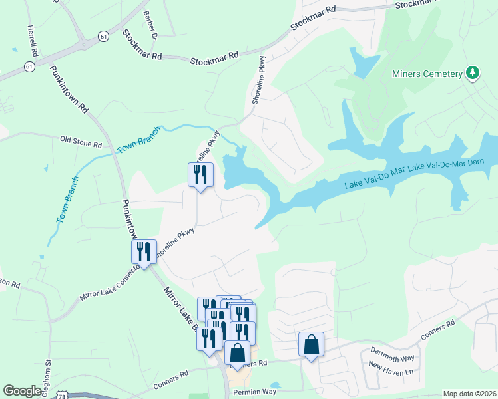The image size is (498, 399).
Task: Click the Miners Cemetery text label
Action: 427,74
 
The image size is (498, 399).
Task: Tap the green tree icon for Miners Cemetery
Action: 473,72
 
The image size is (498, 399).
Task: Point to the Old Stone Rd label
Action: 81,142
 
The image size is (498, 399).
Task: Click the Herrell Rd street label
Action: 31,41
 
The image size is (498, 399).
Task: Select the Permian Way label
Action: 254,392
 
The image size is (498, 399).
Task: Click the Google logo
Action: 22,391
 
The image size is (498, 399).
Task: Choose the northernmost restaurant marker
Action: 200,175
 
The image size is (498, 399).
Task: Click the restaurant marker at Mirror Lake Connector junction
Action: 144,252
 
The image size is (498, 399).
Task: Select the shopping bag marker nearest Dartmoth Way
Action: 311,344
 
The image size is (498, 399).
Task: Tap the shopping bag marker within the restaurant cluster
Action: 238,353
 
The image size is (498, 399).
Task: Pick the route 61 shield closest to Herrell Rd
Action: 29,66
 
